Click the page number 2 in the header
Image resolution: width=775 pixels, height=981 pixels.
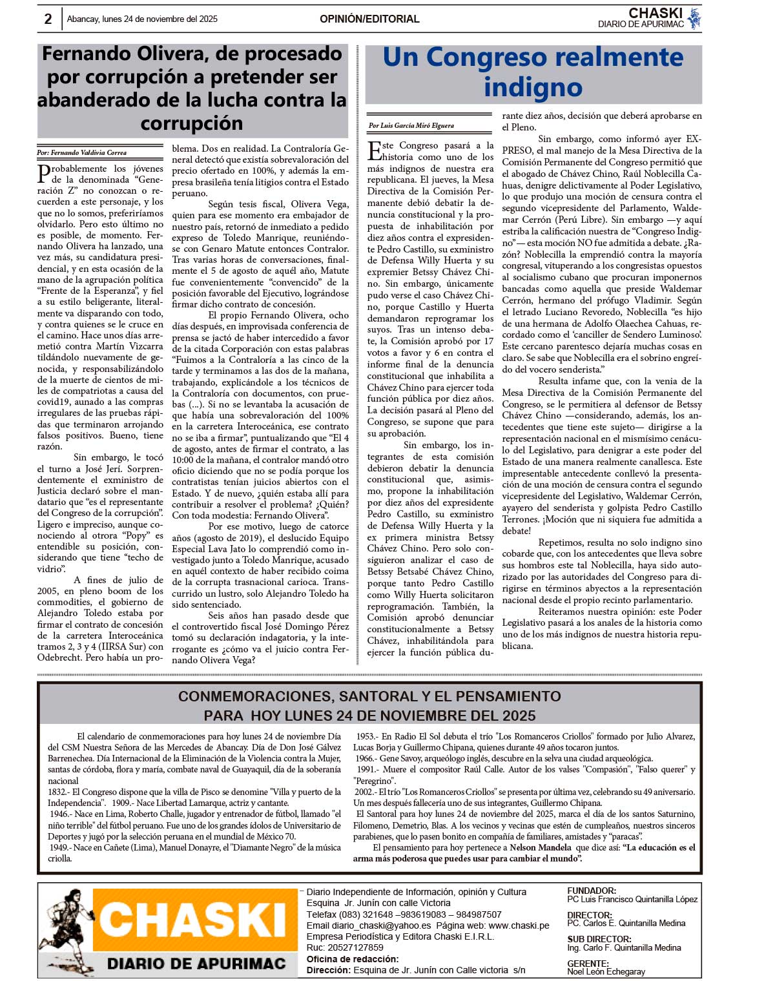pyautogui.click(x=48, y=19)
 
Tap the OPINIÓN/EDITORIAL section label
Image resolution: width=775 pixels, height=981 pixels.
pyautogui.click(x=369, y=19)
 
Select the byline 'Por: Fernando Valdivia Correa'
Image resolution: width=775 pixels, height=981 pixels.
pyautogui.click(x=82, y=153)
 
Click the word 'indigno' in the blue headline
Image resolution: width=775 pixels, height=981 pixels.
pyautogui.click(x=533, y=87)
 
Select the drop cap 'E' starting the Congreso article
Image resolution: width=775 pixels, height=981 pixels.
pyautogui.click(x=374, y=150)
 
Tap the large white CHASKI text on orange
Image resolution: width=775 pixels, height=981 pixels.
pyautogui.click(x=194, y=919)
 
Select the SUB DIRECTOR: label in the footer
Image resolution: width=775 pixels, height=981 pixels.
pyautogui.click(x=599, y=940)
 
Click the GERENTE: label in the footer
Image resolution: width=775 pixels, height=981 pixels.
pyautogui.click(x=588, y=964)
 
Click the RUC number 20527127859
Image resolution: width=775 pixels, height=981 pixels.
pyautogui.click(x=355, y=948)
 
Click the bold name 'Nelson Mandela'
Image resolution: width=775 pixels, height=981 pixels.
pyautogui.click(x=541, y=848)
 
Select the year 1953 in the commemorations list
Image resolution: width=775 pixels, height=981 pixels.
pyautogui.click(x=366, y=736)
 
